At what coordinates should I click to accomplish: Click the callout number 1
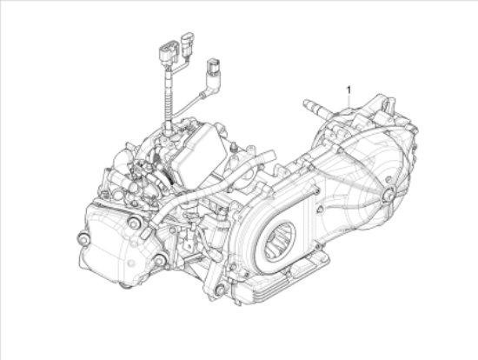(x=349, y=90)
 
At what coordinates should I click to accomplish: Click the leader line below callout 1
(x=349, y=101)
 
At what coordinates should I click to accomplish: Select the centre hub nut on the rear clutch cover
(x=389, y=193)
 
